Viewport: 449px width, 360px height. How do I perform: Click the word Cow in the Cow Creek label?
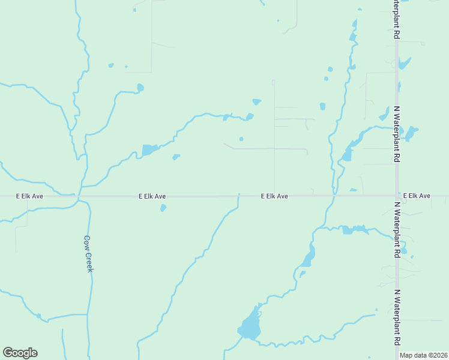click(x=86, y=241)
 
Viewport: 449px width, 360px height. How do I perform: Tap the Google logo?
click(x=20, y=353)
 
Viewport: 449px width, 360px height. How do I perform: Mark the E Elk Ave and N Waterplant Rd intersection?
click(x=397, y=196)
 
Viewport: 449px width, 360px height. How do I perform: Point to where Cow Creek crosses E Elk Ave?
click(x=79, y=196)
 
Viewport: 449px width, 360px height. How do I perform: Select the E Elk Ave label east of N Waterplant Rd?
click(x=417, y=196)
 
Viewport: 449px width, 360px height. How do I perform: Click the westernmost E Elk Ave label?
click(x=30, y=196)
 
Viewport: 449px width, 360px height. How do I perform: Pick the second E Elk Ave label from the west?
click(x=152, y=196)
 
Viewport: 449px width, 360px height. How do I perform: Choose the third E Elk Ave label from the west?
click(x=274, y=196)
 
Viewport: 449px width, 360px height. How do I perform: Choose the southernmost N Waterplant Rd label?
click(x=397, y=317)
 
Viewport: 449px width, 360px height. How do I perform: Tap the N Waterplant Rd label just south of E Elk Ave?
click(x=397, y=229)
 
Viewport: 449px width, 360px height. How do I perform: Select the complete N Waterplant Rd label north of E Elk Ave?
click(x=397, y=134)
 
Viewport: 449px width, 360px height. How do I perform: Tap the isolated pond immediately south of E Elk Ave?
click(x=163, y=208)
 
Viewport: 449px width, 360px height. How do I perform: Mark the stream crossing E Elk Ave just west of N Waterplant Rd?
click(x=334, y=196)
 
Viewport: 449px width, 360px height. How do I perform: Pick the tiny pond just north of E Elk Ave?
click(x=353, y=191)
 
